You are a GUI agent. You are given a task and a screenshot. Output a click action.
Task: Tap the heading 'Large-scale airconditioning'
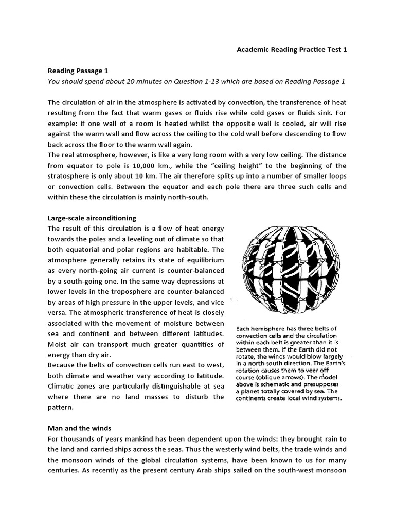(92, 218)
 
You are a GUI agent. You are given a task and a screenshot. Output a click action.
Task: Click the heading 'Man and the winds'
(79, 428)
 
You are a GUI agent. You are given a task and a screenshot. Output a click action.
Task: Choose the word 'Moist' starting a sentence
(58, 344)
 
